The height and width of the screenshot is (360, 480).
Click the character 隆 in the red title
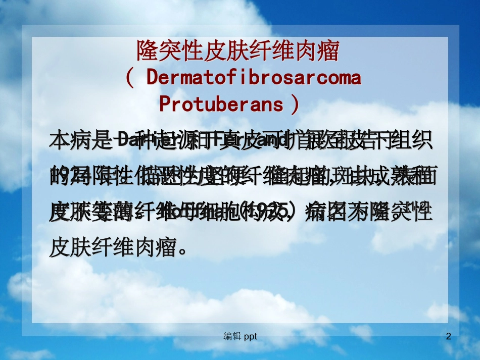click(x=146, y=52)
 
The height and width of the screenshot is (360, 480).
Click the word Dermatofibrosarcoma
click(x=254, y=78)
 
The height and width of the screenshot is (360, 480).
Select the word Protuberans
click(x=221, y=104)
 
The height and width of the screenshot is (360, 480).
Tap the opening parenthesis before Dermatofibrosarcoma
click(x=130, y=78)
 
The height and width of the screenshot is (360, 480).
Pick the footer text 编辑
click(x=232, y=336)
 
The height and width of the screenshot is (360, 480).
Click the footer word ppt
click(x=251, y=337)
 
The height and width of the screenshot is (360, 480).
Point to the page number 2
click(x=448, y=336)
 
